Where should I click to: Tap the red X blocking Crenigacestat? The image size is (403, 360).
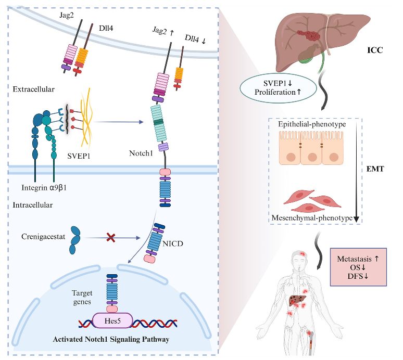[x=111, y=238]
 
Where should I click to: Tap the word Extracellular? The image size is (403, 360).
[x=34, y=89]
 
